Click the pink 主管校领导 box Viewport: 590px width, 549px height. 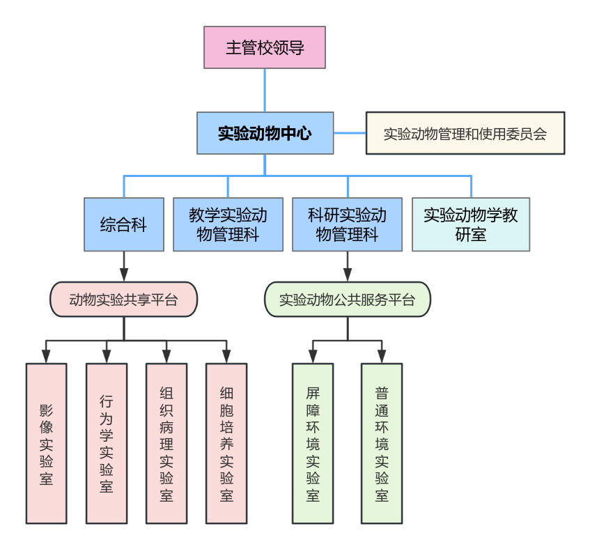265,47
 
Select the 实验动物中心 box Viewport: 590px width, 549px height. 265,132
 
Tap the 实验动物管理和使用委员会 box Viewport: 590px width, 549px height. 465,132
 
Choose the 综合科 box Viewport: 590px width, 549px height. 124,224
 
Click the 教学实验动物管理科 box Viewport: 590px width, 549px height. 228,224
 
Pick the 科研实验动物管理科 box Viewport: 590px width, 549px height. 347,224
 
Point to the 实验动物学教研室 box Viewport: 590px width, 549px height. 471,224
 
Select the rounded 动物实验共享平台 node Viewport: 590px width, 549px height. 124,300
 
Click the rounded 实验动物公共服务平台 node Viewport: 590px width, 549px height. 347,300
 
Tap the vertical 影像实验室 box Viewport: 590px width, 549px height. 46,443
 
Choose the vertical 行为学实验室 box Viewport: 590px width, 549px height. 107,443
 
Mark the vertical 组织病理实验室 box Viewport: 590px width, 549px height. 166,443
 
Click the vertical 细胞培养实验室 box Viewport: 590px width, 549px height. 227,443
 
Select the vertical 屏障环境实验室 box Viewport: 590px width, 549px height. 313,443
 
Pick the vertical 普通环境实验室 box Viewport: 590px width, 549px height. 382,443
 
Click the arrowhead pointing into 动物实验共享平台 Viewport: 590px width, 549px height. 124,274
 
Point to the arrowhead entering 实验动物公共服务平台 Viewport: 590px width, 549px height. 347,274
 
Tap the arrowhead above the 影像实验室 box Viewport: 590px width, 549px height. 46,357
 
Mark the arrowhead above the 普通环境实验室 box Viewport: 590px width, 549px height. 382,357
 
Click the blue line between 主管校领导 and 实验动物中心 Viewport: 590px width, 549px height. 265,91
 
